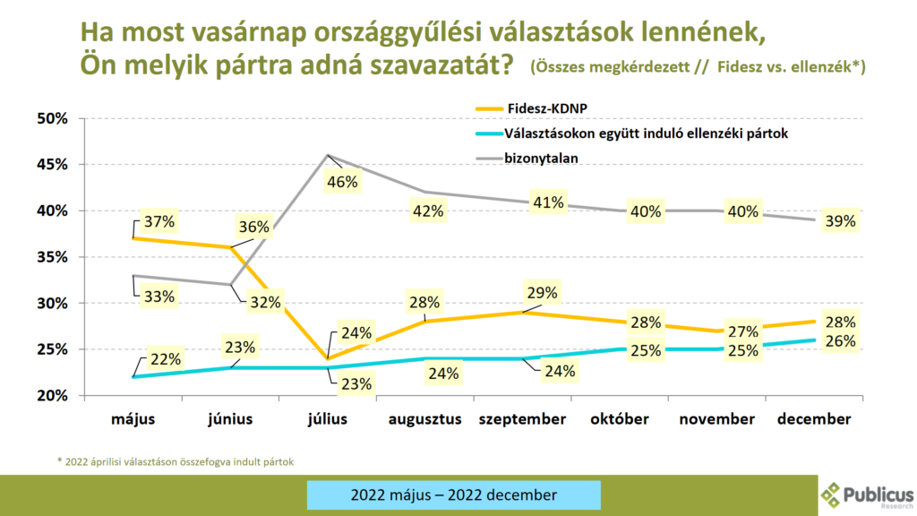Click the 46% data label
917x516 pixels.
(x=341, y=182)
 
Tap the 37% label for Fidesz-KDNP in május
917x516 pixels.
(x=152, y=221)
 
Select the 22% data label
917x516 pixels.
(x=165, y=359)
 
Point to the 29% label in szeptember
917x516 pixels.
(x=542, y=292)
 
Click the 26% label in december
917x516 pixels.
(x=839, y=340)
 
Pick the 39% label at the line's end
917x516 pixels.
(x=839, y=220)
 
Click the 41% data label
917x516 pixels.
(x=547, y=202)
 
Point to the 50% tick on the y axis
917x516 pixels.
(x=54, y=118)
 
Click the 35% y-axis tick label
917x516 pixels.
(x=54, y=257)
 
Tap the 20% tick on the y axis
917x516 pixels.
(x=54, y=395)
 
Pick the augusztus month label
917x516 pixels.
(x=424, y=418)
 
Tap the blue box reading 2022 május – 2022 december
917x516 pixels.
(x=453, y=494)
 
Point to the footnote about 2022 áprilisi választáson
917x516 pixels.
(x=175, y=461)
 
